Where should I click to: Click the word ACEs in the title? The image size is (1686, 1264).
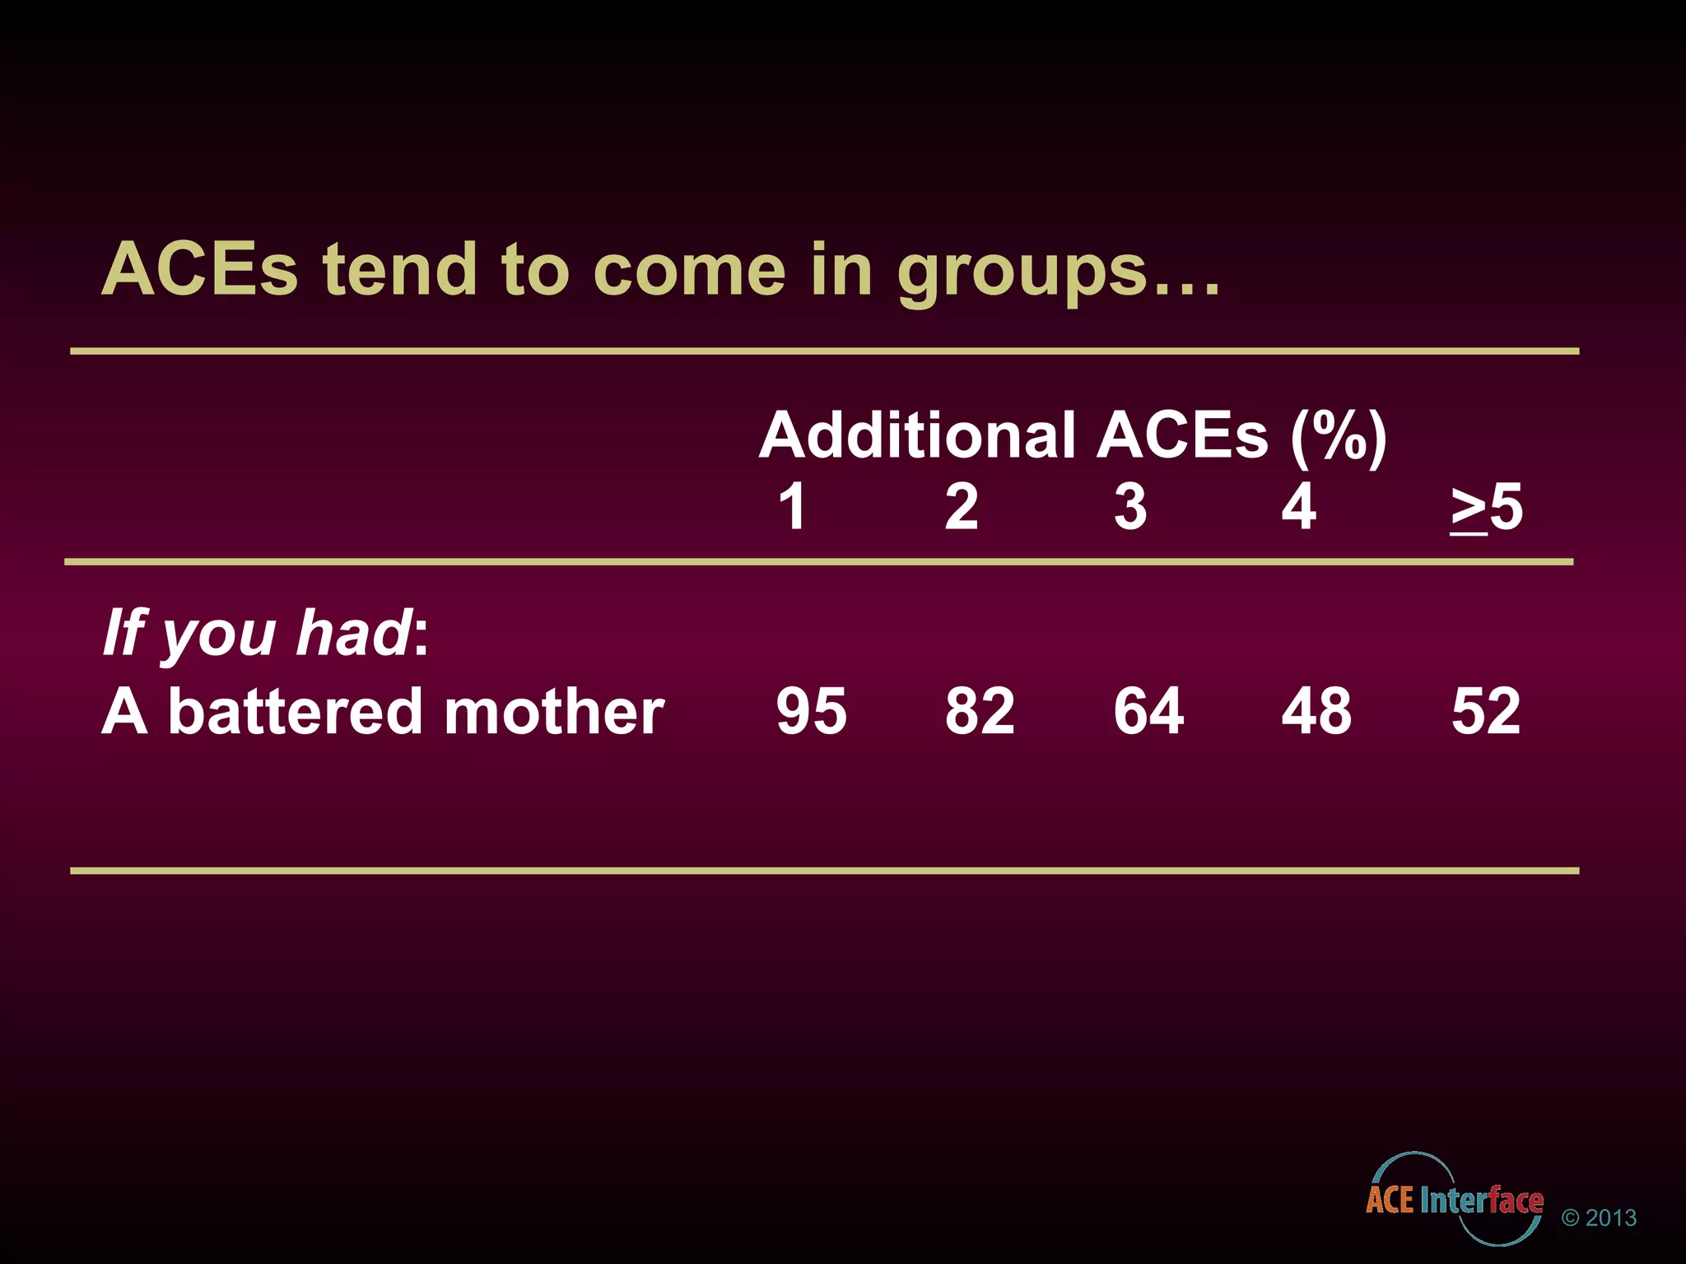click(x=199, y=270)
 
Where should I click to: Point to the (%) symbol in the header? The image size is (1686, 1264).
click(x=1339, y=436)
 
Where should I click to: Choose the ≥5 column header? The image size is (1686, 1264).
click(x=1487, y=508)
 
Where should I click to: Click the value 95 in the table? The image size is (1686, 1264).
click(x=811, y=711)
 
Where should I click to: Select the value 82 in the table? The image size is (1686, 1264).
click(x=980, y=711)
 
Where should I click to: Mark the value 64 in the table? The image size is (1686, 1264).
click(x=1148, y=711)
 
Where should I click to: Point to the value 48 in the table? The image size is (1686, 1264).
click(x=1316, y=711)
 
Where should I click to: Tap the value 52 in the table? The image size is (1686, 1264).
click(x=1486, y=711)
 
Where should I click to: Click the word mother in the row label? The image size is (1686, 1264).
click(x=554, y=711)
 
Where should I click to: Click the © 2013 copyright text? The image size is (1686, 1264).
click(x=1599, y=1218)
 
